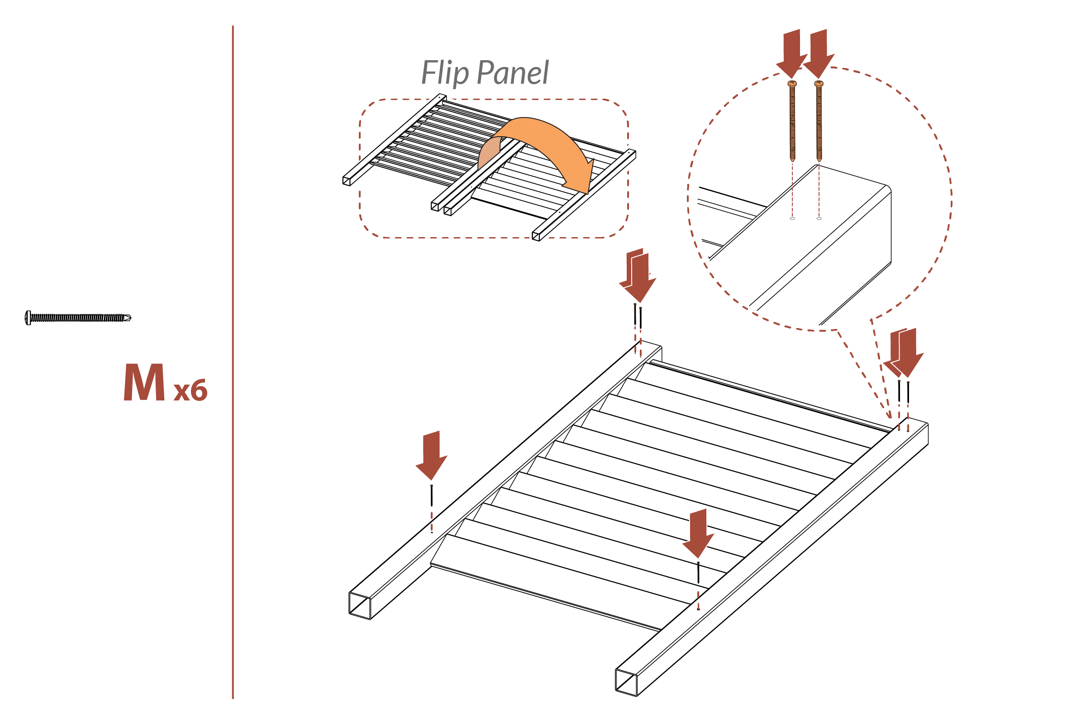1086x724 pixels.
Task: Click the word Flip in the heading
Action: point(445,73)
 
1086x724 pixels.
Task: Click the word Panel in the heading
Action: point(513,73)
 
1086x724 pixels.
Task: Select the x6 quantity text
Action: point(190,391)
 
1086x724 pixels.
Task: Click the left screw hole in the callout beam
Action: point(792,219)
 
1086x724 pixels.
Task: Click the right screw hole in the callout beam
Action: point(819,219)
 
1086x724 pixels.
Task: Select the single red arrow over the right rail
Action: point(698,533)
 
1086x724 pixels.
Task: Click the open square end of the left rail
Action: point(360,605)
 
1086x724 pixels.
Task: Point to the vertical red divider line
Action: point(233,360)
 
